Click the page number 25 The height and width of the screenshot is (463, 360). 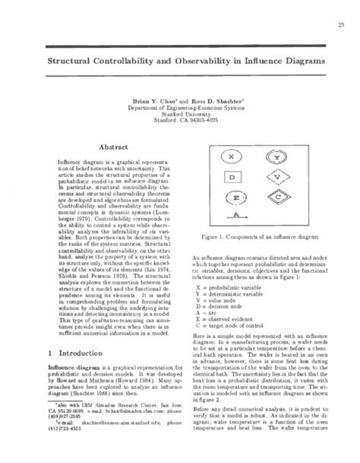(x=332, y=26)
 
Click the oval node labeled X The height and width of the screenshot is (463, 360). (x=230, y=157)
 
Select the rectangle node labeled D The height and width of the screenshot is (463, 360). (x=230, y=177)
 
